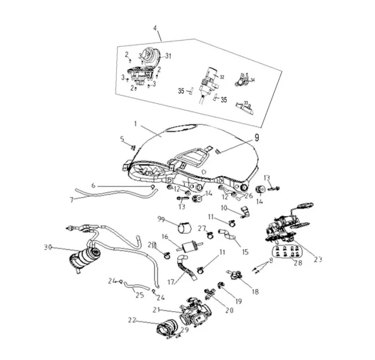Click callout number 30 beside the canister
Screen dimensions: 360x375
(48, 247)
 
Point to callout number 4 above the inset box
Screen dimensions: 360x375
(156, 28)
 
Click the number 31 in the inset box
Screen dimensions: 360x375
(168, 56)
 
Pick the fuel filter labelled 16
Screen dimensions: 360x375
(188, 248)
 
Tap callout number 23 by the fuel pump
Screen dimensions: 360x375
(318, 259)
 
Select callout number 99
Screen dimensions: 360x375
(161, 220)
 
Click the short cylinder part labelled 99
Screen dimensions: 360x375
(186, 229)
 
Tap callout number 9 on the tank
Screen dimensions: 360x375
(257, 137)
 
